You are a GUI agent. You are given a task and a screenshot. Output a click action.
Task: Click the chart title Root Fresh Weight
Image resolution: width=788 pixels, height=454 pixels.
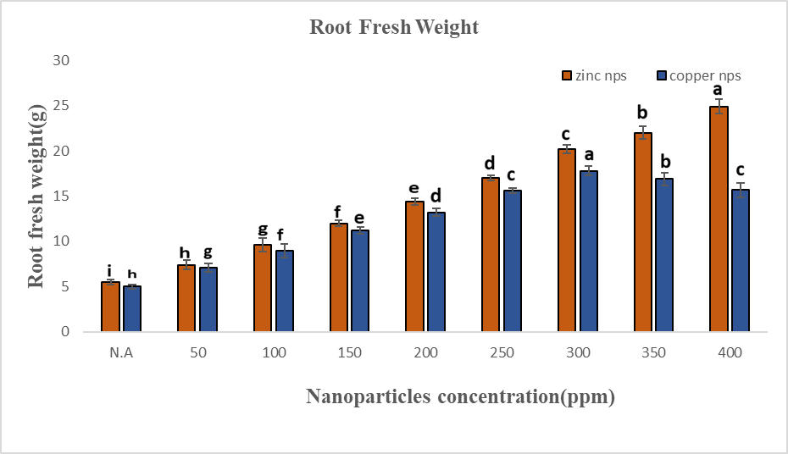[394, 27]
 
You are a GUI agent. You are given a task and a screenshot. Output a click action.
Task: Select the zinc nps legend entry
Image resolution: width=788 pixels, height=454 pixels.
[593, 75]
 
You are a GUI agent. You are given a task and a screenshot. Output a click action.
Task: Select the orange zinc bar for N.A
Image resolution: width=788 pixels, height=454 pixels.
[110, 307]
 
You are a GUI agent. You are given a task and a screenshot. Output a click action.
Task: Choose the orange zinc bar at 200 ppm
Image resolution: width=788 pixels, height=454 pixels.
[414, 267]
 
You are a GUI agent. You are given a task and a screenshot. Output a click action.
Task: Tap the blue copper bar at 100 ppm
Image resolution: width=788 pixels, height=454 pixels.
[284, 291]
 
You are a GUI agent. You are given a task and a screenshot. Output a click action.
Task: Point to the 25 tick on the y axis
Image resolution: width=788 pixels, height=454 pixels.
[60, 106]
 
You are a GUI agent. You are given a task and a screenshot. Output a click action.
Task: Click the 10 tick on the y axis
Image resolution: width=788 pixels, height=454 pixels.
[60, 241]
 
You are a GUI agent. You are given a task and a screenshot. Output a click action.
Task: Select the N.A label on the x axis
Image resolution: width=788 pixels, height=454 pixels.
[121, 353]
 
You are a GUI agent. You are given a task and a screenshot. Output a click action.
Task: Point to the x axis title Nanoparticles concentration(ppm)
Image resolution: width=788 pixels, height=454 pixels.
[460, 396]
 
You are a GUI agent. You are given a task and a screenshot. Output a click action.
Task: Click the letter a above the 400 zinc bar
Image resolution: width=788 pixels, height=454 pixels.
[717, 90]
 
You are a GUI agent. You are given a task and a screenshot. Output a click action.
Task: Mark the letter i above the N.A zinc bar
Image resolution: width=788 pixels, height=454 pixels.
[109, 269]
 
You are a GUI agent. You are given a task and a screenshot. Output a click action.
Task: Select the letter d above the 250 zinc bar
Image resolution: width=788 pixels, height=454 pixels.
[490, 163]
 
